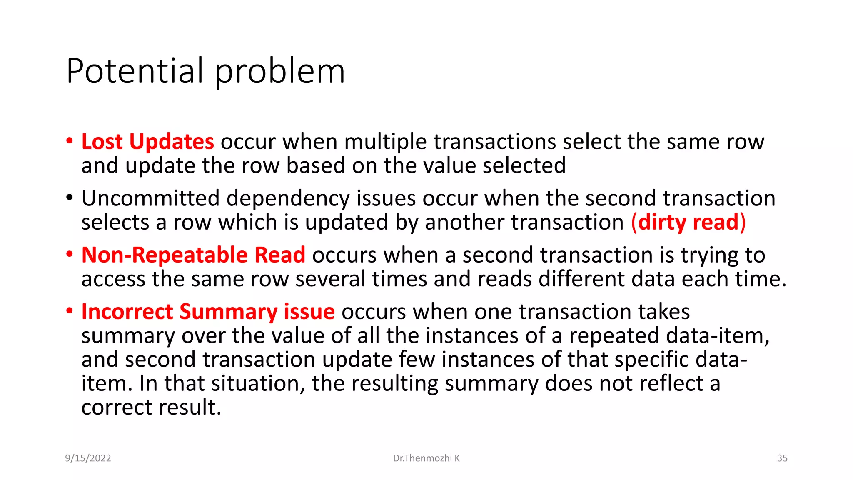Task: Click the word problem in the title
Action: [280, 71]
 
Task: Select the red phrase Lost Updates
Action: [147, 142]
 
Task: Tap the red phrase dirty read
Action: [688, 222]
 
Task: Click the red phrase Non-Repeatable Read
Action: [193, 255]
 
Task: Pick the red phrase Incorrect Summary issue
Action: [208, 312]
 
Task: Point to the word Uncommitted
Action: [150, 198]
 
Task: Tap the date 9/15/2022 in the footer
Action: [88, 458]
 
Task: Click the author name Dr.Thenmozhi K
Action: [426, 458]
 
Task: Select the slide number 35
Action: [782, 458]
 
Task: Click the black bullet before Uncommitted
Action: [69, 197]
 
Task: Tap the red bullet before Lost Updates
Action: [69, 140]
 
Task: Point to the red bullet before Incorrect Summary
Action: [69, 310]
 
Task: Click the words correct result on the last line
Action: [151, 407]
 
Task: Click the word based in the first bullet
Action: [315, 166]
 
